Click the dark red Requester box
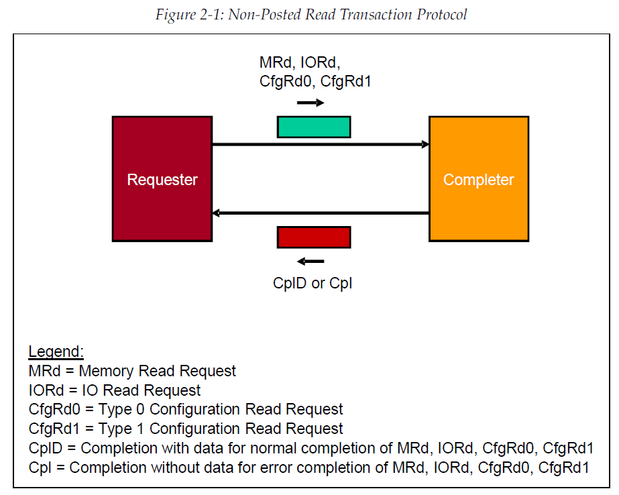[162, 178]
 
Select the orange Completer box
[478, 178]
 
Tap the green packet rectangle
[314, 127]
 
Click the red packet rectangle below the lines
[314, 237]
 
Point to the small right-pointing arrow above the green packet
[311, 103]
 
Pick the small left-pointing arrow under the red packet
[311, 261]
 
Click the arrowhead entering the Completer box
[425, 144]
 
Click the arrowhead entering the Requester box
[216, 213]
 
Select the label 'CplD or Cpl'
[313, 283]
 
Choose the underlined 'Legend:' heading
[56, 352]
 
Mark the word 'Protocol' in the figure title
[441, 14]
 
